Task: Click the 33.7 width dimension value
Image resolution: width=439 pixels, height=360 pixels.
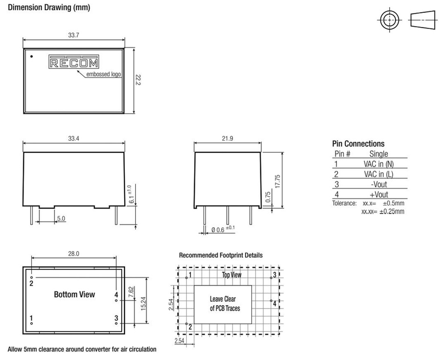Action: (x=73, y=35)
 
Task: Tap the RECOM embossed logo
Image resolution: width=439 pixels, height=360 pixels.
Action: (x=74, y=62)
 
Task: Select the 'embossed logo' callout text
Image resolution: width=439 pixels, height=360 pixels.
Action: (x=103, y=74)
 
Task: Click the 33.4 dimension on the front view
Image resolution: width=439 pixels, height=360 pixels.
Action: (x=73, y=138)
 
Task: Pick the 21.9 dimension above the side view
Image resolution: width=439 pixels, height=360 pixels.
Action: (x=227, y=138)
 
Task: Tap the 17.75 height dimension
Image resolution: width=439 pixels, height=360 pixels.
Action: (x=277, y=181)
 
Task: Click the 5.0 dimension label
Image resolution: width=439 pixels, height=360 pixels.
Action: (x=61, y=218)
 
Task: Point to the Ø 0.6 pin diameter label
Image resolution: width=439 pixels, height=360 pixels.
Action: (x=223, y=229)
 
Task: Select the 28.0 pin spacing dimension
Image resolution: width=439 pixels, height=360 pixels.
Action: (x=74, y=254)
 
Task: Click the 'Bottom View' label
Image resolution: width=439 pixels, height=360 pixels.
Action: (x=75, y=294)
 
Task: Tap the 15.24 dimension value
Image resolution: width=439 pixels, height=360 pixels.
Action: (x=143, y=303)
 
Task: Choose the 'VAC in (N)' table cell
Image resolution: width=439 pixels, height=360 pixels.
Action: (x=379, y=164)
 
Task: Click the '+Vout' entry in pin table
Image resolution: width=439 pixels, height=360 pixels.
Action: (x=379, y=194)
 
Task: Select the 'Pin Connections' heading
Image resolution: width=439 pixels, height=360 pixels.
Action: (x=358, y=144)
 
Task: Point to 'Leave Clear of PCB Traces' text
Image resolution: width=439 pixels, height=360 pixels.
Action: (x=225, y=303)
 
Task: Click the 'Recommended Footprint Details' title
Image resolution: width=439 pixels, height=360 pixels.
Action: (x=221, y=255)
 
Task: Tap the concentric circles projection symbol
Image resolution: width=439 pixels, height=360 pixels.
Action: (x=389, y=20)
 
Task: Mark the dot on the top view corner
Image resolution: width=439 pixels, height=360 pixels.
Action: (x=32, y=57)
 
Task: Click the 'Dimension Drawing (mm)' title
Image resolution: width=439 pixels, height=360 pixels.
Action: (x=49, y=7)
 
